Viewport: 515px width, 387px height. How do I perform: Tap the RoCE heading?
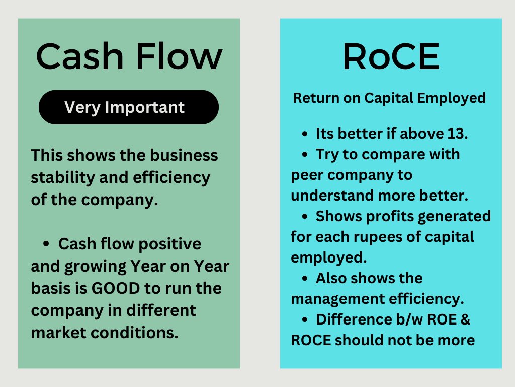click(391, 56)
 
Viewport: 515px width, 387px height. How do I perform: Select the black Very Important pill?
click(128, 107)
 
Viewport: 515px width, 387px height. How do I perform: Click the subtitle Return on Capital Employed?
click(389, 98)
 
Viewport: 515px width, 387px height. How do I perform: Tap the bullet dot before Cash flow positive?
click(47, 244)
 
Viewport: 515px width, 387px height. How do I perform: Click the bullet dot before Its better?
click(305, 134)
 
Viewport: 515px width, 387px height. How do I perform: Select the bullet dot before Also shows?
click(305, 278)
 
